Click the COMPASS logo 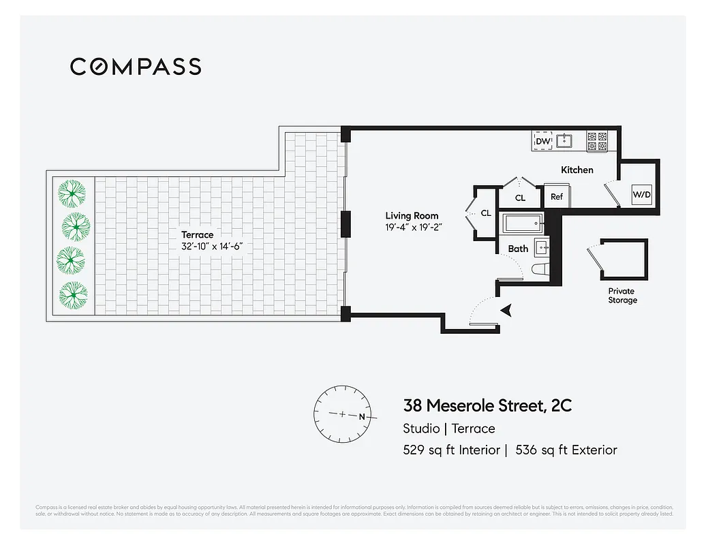point(136,66)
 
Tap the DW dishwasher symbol point(543,141)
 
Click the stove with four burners point(597,141)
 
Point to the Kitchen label point(577,170)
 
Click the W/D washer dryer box point(642,195)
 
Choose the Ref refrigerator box point(557,197)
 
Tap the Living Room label point(412,216)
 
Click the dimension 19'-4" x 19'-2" point(414,228)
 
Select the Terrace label point(197,234)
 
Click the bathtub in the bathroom point(522,223)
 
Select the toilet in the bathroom point(540,269)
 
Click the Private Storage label point(622,296)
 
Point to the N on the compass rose point(362,416)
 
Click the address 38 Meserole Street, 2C point(487,406)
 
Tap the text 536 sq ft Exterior point(566,450)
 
